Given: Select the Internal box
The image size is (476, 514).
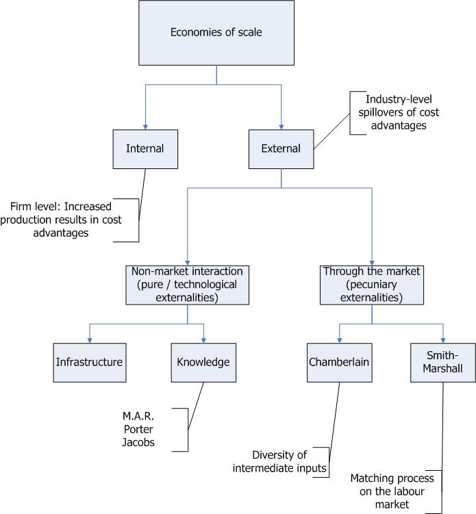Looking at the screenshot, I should click(x=145, y=148).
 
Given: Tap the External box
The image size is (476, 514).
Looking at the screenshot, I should click(x=281, y=148).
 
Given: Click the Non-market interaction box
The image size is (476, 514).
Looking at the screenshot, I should click(x=186, y=285).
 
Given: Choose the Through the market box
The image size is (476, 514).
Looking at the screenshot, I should click(x=372, y=285).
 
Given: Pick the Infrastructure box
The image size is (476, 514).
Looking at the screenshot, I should click(x=89, y=361).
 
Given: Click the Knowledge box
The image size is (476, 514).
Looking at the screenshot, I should click(x=203, y=361).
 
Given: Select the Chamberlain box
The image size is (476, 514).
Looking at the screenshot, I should click(x=340, y=361).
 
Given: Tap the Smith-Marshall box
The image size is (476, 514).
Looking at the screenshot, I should click(x=442, y=361).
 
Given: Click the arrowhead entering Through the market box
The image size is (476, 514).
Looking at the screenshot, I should click(x=372, y=261).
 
